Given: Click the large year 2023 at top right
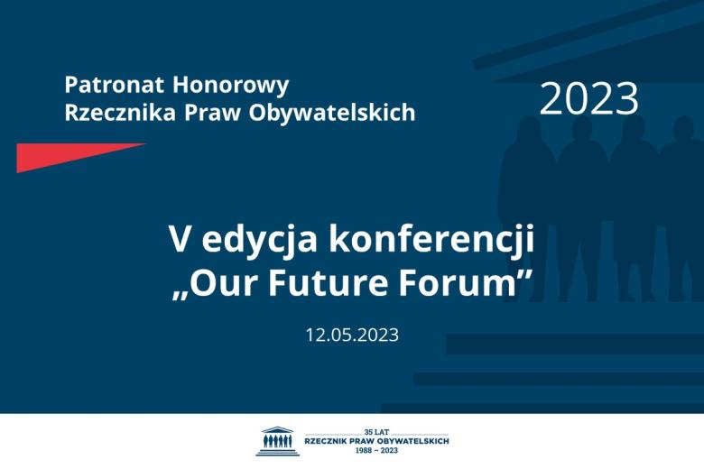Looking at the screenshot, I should point(588,99).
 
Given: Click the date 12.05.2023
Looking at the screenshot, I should point(352,335).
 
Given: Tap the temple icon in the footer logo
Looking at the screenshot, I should point(277,441).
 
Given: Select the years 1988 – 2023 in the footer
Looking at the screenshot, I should point(375,449).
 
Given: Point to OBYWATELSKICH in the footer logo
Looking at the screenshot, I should point(415,440).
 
